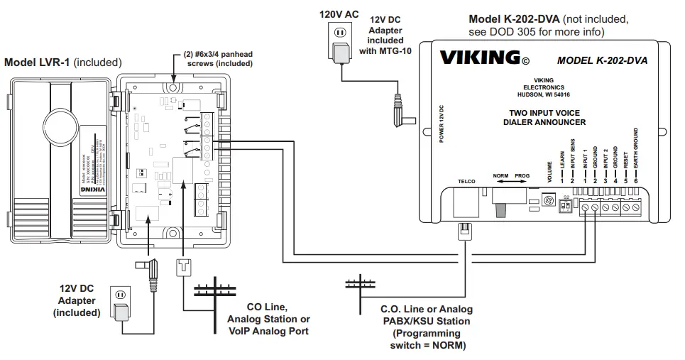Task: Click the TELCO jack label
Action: click(x=466, y=182)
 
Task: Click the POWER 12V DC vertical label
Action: click(x=441, y=125)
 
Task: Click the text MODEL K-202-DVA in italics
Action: click(x=602, y=60)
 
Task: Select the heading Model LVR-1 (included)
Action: click(x=63, y=62)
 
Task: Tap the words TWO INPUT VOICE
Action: click(x=547, y=113)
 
